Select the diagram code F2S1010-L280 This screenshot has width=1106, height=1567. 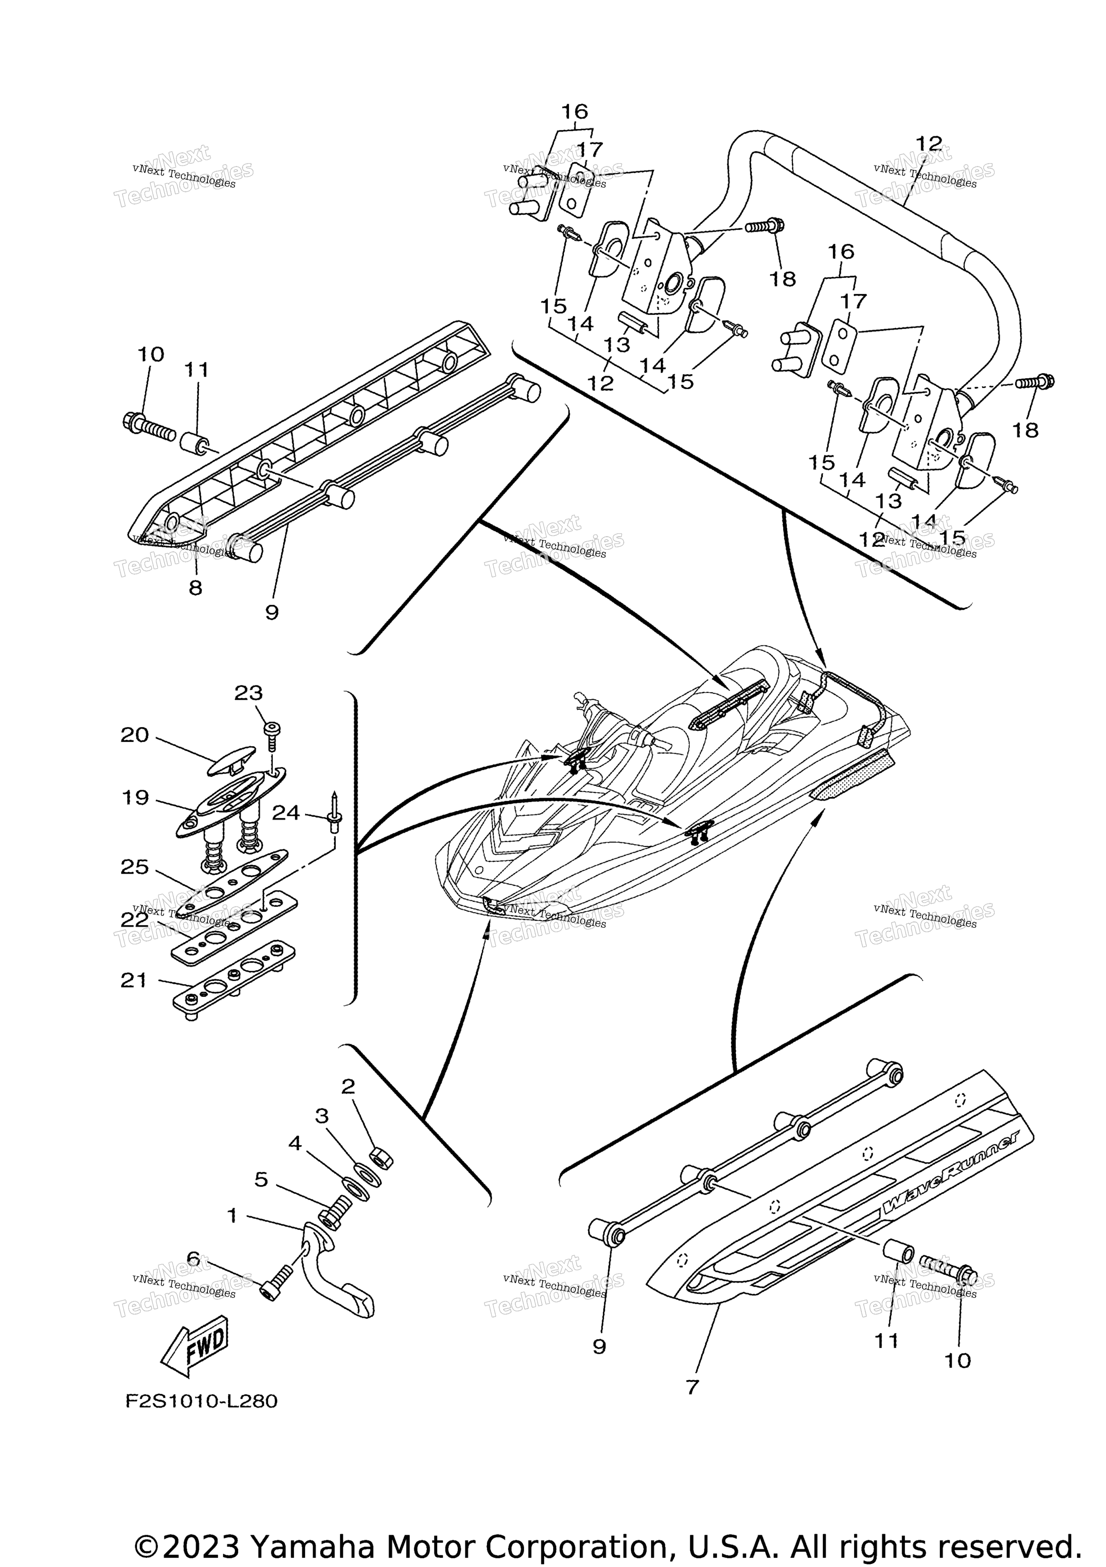pos(201,1401)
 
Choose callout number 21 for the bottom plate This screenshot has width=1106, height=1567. pos(134,981)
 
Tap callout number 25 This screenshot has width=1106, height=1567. pos(134,867)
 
